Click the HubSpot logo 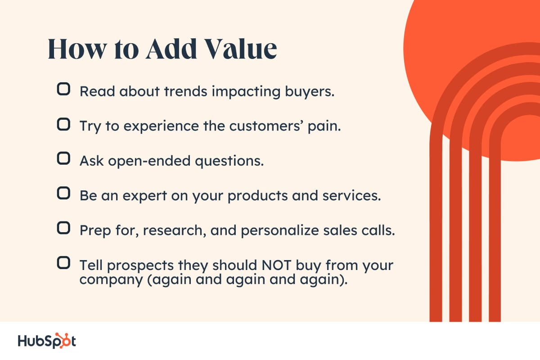(47, 340)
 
